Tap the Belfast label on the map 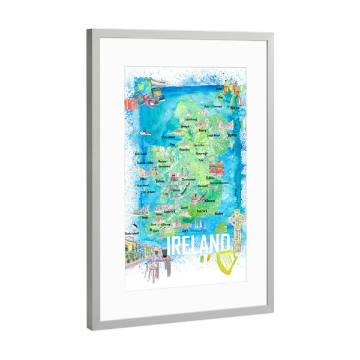pos(233,135)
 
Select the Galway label pos(160,180)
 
